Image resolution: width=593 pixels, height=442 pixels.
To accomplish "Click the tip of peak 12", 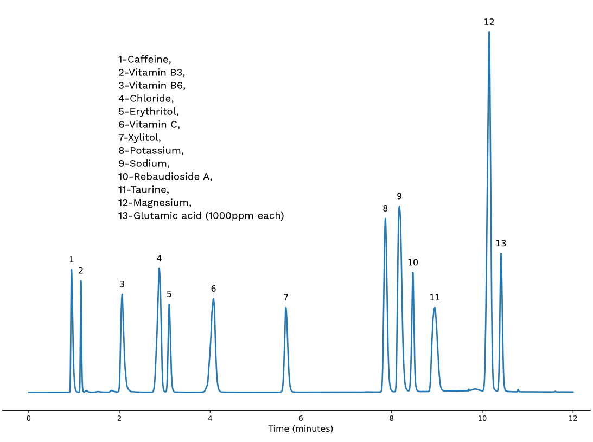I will pyautogui.click(x=489, y=32).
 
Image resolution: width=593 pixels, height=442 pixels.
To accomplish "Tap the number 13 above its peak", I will pyautogui.click(x=501, y=244).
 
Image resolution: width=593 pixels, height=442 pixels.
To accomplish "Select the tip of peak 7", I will pyautogui.click(x=285, y=308).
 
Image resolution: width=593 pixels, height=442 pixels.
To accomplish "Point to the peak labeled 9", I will pyautogui.click(x=399, y=206).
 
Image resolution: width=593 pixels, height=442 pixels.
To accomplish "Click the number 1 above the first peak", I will pyautogui.click(x=71, y=259).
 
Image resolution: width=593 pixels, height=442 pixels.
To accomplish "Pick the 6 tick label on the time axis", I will pyautogui.click(x=301, y=418).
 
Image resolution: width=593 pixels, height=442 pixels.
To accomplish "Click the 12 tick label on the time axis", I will pyautogui.click(x=573, y=418).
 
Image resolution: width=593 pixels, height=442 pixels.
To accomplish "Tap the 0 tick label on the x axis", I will pyautogui.click(x=28, y=418).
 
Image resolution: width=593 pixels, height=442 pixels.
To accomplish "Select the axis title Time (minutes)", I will pyautogui.click(x=301, y=429).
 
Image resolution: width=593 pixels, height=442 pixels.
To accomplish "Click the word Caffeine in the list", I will pyautogui.click(x=149, y=60).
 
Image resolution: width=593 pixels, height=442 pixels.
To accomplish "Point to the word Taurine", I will pyautogui.click(x=149, y=190).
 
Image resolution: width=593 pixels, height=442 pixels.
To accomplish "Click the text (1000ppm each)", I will pyautogui.click(x=245, y=216).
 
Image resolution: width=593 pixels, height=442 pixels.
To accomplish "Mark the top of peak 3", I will pyautogui.click(x=122, y=294).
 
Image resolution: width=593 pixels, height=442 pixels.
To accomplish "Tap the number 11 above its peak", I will pyautogui.click(x=435, y=298).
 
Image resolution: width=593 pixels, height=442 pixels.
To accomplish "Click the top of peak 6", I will pyautogui.click(x=214, y=299).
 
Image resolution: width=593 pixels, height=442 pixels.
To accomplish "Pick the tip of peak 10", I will pyautogui.click(x=413, y=273).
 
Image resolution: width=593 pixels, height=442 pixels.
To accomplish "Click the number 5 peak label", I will pyautogui.click(x=169, y=294).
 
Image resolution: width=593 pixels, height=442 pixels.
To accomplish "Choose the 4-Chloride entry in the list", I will pyautogui.click(x=146, y=99).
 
